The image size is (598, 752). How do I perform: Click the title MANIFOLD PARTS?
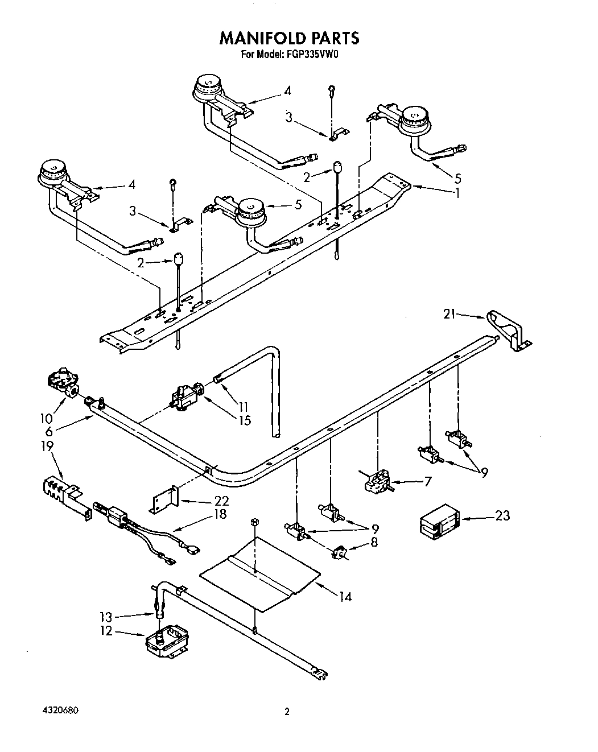[289, 38]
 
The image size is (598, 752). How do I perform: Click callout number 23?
[502, 515]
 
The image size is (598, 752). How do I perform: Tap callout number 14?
[345, 597]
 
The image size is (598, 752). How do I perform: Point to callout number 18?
[218, 515]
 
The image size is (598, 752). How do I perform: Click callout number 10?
[47, 419]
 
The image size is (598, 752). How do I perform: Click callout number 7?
[428, 482]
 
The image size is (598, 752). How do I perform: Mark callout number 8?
[374, 542]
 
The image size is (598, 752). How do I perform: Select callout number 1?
[456, 192]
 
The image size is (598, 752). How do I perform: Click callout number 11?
[244, 407]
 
